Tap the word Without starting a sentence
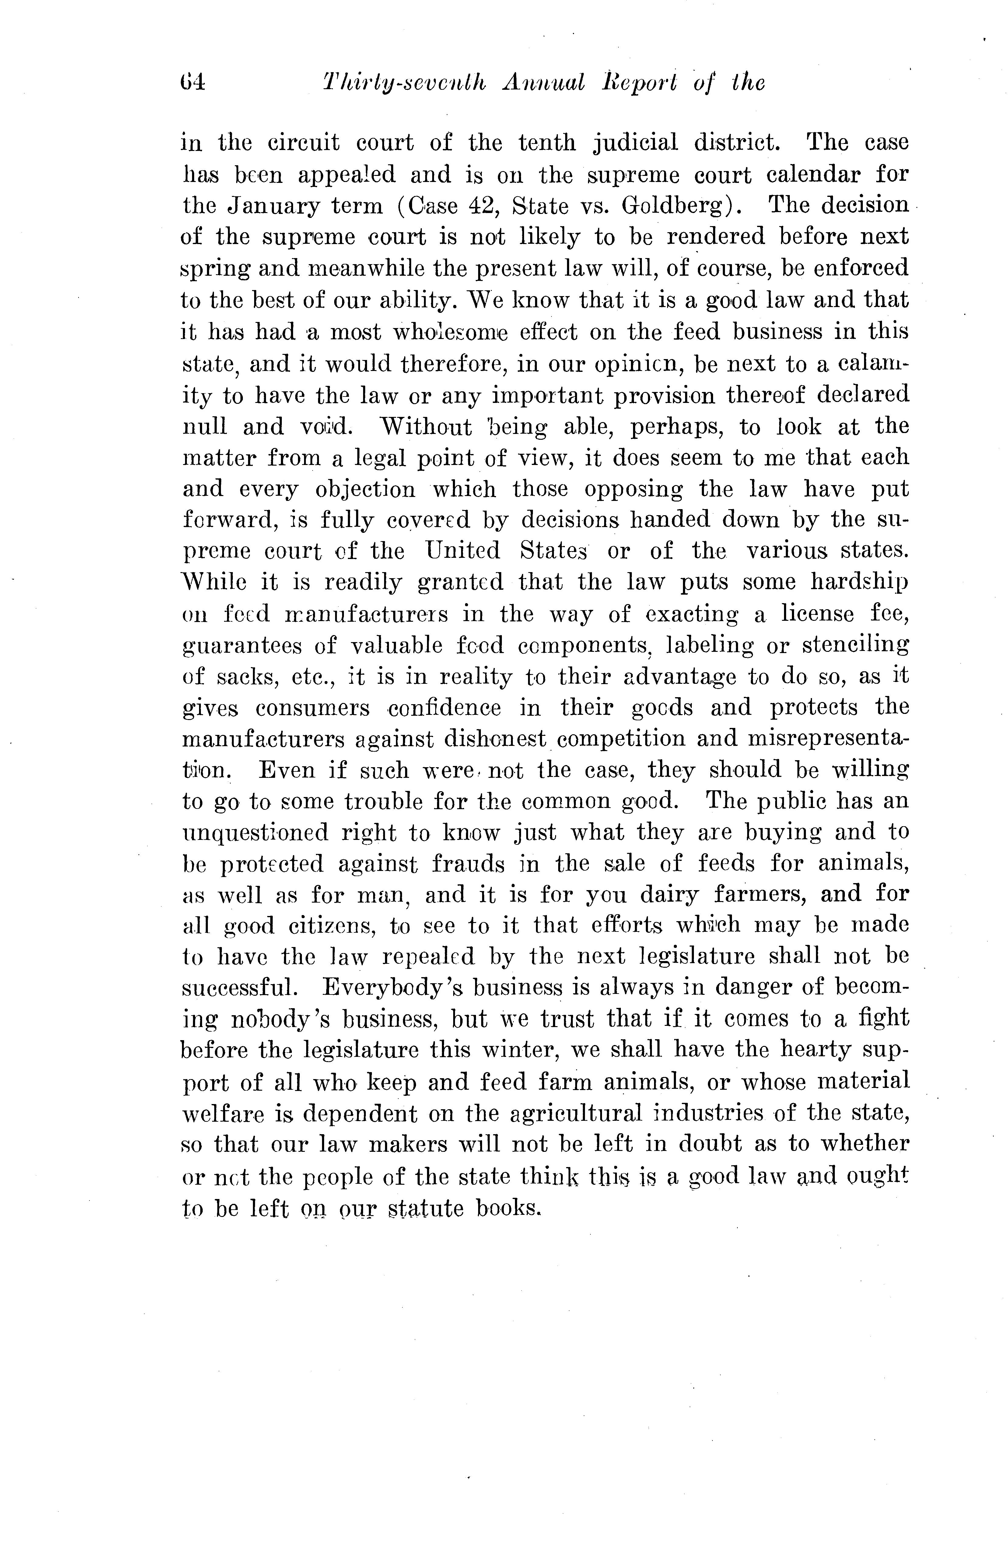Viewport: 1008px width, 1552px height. click(426, 426)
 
